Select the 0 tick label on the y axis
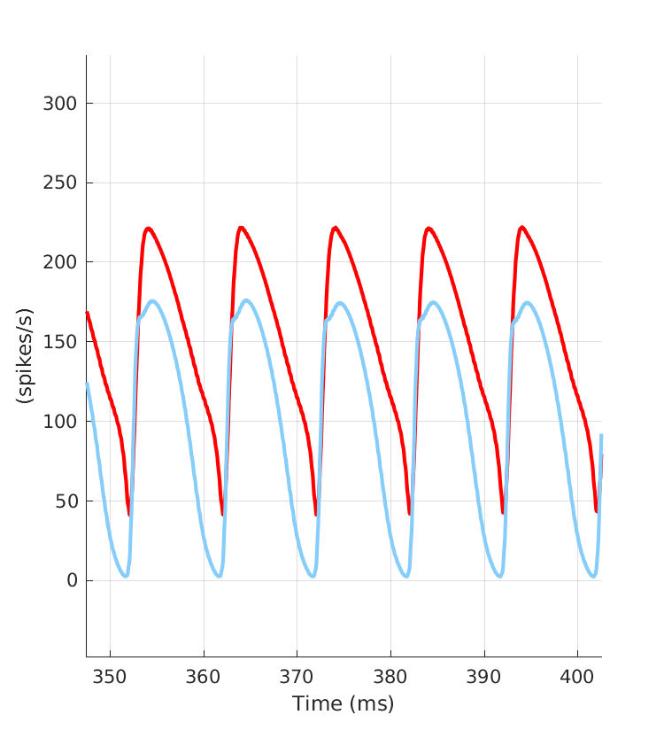tap(73, 581)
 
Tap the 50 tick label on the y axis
tap(67, 501)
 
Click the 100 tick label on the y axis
tap(61, 422)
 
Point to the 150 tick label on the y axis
tap(61, 342)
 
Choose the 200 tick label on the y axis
tap(61, 263)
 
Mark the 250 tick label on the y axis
tap(61, 183)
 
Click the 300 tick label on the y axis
tap(61, 104)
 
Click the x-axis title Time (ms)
tap(344, 704)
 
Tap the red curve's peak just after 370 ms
tap(336, 228)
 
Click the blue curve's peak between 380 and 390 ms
tap(434, 302)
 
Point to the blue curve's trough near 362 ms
tap(219, 577)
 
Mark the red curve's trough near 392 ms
tap(502, 513)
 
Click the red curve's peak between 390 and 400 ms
tap(522, 228)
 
